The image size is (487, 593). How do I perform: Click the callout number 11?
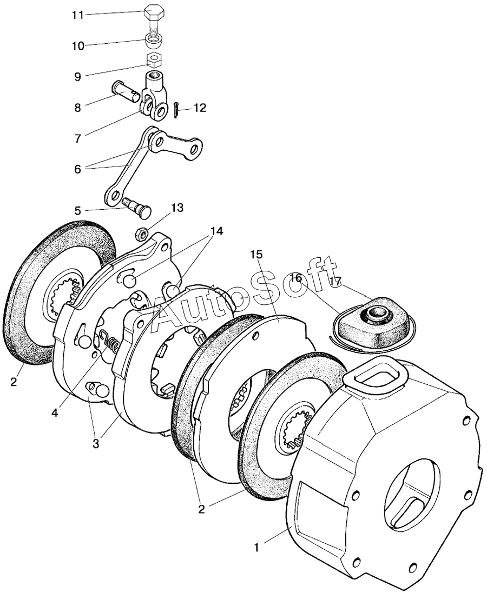coord(77,16)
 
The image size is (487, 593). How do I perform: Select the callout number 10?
coord(78,46)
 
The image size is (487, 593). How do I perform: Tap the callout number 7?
coord(77,139)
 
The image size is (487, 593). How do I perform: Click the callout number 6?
coord(77,169)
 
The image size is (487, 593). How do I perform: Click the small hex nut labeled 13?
coord(142,234)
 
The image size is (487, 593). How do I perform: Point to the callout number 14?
coord(217,231)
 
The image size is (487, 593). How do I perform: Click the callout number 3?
coord(96,443)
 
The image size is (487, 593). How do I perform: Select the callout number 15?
coord(255,255)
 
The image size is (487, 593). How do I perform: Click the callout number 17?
coord(336,282)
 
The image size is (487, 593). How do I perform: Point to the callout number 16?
coord(297,278)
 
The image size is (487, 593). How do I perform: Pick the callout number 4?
coord(55,413)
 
